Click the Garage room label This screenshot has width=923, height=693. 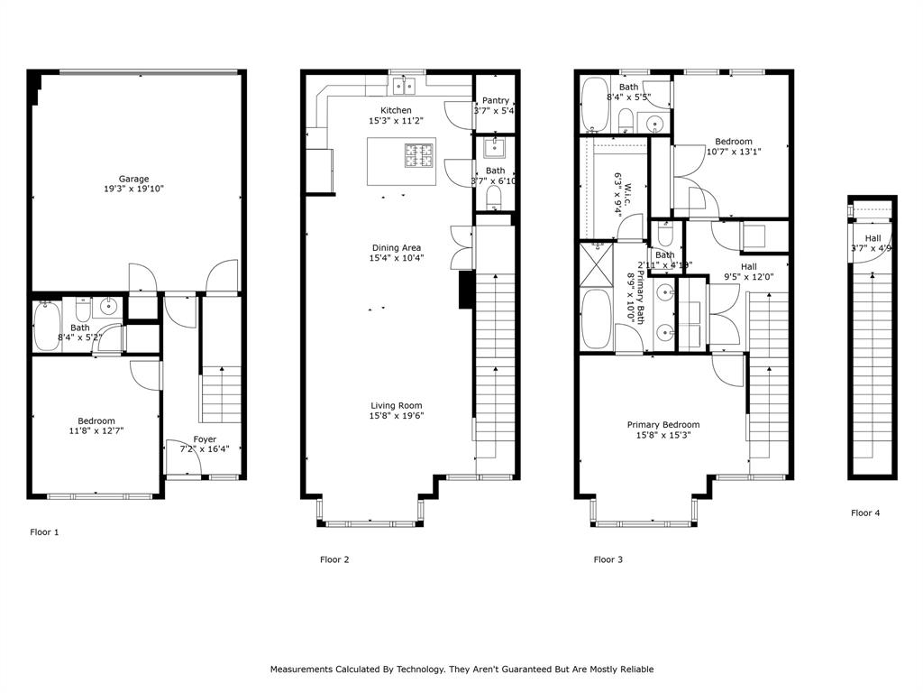click(134, 179)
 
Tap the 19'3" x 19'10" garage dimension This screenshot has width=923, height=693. click(134, 189)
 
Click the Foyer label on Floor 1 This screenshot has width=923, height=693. click(205, 439)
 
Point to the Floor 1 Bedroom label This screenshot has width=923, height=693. click(96, 420)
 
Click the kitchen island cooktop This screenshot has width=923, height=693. click(419, 156)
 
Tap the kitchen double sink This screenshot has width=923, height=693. click(402, 86)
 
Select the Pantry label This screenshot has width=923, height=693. click(496, 100)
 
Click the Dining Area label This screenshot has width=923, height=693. click(397, 247)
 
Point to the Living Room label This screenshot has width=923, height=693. click(397, 405)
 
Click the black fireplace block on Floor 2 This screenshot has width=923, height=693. click(466, 291)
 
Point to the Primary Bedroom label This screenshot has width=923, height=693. click(663, 424)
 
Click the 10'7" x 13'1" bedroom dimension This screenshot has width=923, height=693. click(733, 152)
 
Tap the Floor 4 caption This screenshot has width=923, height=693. click(865, 513)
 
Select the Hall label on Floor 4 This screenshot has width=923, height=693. click(872, 238)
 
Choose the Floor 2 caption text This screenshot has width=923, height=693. click(334, 559)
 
